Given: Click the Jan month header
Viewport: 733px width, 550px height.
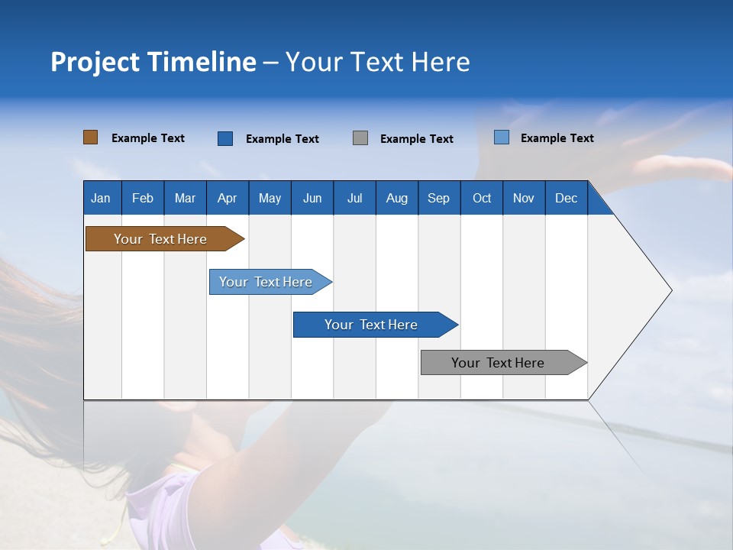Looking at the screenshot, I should click(101, 198).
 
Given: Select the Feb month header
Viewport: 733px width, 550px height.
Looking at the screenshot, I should click(143, 198).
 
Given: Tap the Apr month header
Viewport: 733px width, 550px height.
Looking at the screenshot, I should click(227, 198).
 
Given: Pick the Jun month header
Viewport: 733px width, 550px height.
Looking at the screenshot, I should click(312, 198).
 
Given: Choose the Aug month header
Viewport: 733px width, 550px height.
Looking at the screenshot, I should click(396, 198).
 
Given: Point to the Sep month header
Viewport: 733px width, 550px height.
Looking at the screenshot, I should click(438, 198).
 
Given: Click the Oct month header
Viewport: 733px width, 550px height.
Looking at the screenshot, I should click(481, 198).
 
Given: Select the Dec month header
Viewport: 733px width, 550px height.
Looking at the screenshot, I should click(566, 198).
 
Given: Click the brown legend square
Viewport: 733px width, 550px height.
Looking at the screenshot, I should click(90, 137).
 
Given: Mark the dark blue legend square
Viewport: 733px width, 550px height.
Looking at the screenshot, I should click(225, 138).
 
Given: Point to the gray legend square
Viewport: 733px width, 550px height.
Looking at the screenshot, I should click(360, 138).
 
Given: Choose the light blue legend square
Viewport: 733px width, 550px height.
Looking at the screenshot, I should click(501, 137).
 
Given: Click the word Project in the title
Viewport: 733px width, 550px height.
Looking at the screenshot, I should click(95, 62).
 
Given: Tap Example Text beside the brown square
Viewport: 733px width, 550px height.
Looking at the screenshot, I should click(148, 138).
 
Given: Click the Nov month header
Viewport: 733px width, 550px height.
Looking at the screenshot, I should click(523, 198).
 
